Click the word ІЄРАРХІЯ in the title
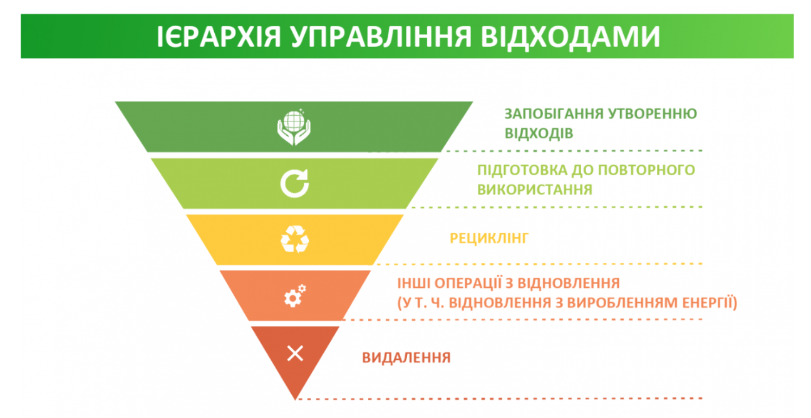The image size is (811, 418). [219, 36]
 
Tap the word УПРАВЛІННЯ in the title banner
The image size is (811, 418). [381, 36]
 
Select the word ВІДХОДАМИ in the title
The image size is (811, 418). [571, 36]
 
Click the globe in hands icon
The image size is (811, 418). [294, 127]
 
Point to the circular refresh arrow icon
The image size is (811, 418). [295, 183]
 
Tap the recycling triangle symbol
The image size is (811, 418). [295, 239]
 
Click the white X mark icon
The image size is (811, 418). [295, 353]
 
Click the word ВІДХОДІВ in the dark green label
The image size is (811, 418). [539, 133]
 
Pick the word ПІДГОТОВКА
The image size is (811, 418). [522, 170]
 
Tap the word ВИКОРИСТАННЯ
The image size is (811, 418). [535, 189]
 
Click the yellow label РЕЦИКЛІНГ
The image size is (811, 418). [489, 238]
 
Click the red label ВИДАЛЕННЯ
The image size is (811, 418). [406, 357]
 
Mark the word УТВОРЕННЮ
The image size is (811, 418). [653, 114]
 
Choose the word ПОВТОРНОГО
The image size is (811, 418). [644, 170]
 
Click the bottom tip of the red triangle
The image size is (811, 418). [296, 400]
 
